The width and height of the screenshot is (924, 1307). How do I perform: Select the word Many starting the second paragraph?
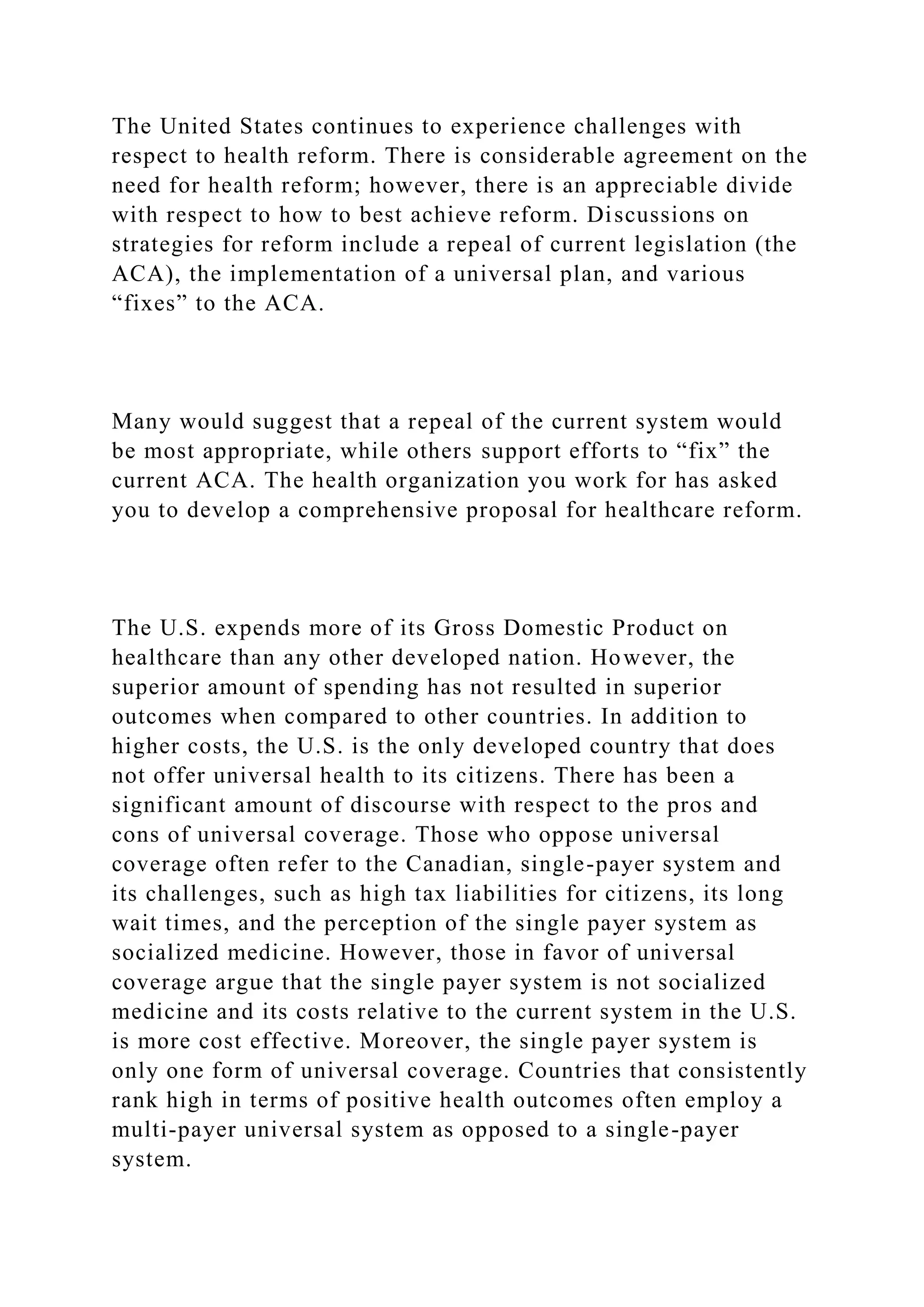coord(142,422)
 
